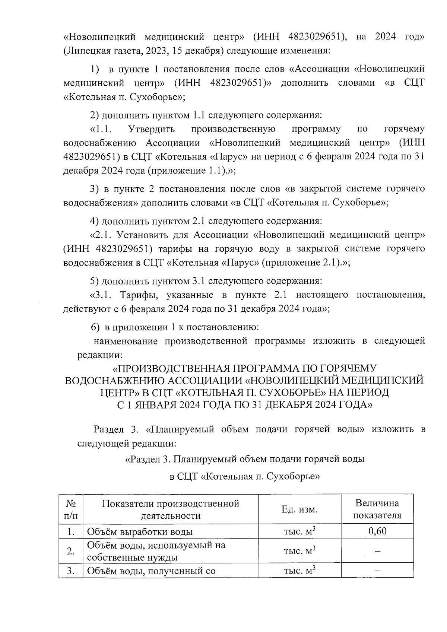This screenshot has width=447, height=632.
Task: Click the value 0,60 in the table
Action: coord(377,531)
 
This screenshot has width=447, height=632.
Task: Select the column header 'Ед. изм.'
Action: coord(299,509)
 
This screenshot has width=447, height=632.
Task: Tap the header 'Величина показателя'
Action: coord(377,509)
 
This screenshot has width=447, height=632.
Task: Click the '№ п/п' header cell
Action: coord(71,509)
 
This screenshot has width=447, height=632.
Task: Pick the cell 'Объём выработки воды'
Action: coord(140,532)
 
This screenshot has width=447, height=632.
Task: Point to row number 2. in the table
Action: coord(71,551)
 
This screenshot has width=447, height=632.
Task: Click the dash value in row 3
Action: coord(377,571)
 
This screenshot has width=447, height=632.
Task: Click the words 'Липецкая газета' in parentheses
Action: coord(100,51)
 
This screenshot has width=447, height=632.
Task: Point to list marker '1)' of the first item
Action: coord(95,69)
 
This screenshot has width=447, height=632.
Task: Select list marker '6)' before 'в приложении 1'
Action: coord(95,327)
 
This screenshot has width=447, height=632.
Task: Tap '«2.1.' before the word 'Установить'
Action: coord(101,235)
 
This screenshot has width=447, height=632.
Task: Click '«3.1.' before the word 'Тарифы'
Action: coord(101,295)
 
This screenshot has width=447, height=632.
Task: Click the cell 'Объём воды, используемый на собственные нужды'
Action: coord(156,551)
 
